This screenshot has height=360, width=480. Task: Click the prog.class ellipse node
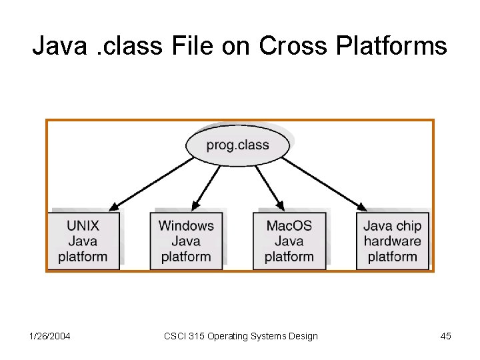click(237, 145)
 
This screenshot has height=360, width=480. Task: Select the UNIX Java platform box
click(83, 241)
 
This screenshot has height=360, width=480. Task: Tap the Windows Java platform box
click(186, 241)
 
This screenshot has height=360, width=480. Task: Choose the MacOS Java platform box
click(289, 241)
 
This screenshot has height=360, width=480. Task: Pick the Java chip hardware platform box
click(392, 241)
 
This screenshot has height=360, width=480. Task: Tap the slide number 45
click(445, 336)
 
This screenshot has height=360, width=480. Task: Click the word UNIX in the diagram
click(83, 225)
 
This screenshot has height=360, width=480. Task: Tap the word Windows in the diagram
click(186, 225)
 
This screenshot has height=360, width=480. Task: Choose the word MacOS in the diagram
click(289, 225)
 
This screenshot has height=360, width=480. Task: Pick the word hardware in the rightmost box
click(392, 241)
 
